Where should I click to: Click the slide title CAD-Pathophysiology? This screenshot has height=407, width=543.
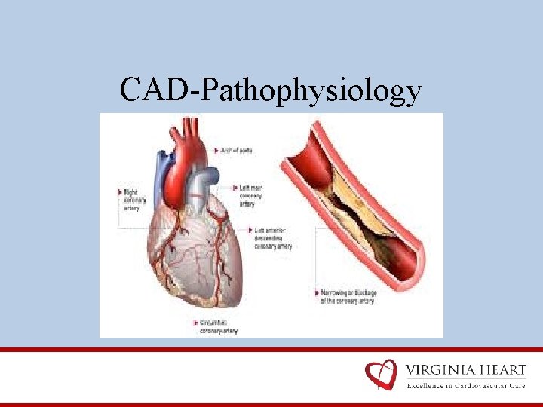click(271, 90)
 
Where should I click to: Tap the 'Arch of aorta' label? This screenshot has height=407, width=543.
click(236, 151)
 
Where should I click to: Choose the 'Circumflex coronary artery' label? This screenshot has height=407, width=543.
click(218, 325)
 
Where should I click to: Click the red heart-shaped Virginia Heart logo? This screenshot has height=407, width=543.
click(381, 375)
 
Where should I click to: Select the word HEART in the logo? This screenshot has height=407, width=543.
click(498, 370)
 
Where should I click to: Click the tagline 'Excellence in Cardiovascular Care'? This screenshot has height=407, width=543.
click(465, 386)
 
